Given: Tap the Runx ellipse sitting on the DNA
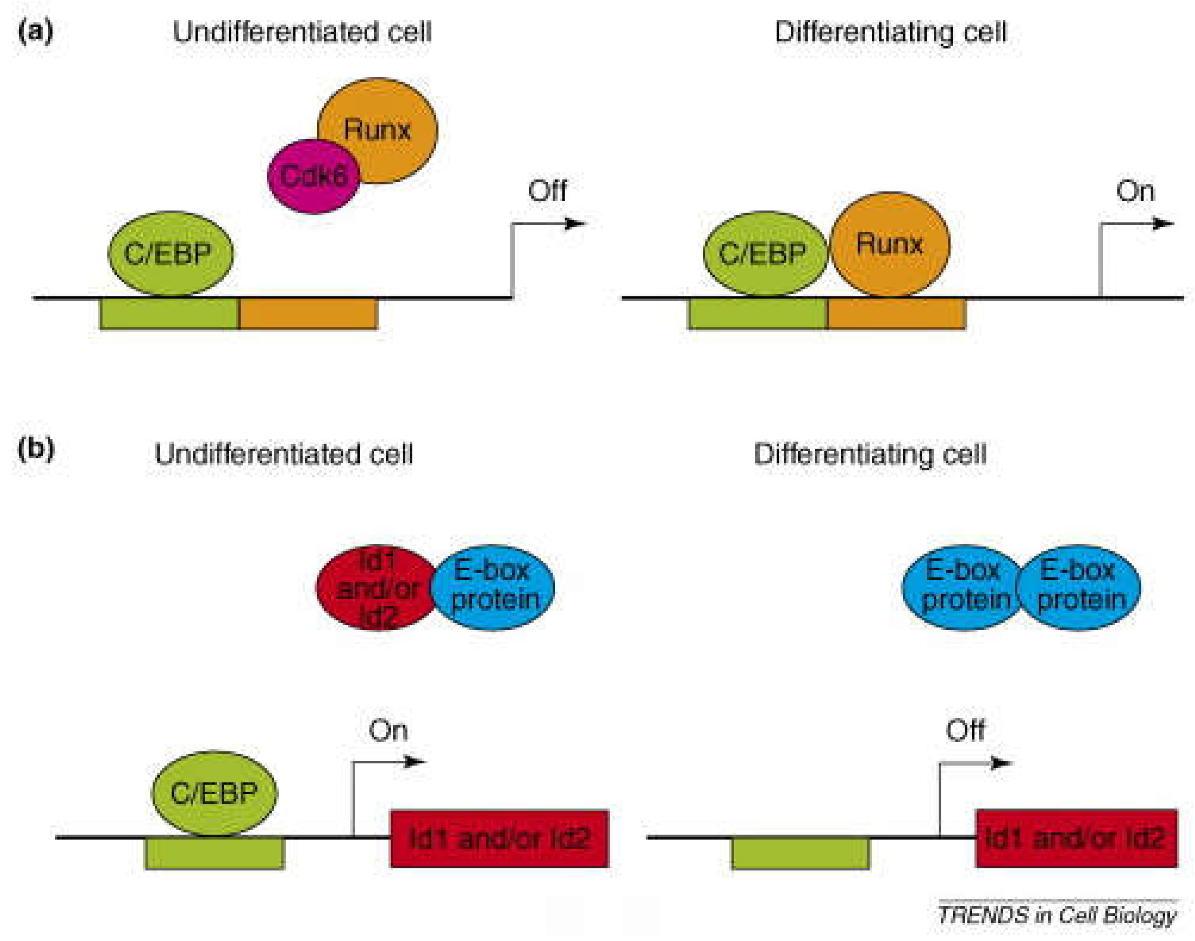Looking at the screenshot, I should pos(889,244).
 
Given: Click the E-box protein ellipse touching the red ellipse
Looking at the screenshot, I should pos(493,587).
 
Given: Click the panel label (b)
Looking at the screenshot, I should pos(35,449).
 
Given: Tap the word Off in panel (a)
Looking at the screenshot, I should pos(547,191).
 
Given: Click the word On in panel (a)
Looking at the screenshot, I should pos(1135,191).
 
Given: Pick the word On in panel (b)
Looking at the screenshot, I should pos(388,730).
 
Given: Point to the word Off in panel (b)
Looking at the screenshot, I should pos(965,730).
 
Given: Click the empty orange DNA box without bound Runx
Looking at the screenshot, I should pos(308,314).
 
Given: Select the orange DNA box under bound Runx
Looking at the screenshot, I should pos(896,314).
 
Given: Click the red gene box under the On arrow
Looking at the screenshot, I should pos(499,838).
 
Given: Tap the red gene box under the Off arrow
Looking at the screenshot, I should pos(1076,838).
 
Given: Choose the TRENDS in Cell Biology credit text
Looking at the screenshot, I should pos(1057,915).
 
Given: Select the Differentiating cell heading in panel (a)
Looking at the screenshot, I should pos(890,32).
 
